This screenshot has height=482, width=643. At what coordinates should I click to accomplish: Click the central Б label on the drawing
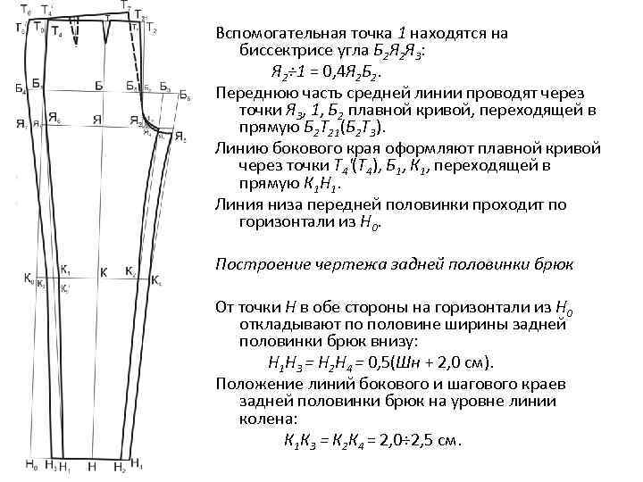pos(98,86)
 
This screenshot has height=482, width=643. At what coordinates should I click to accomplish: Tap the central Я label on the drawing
pos(98,122)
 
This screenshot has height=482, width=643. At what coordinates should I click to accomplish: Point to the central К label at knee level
pos(103,271)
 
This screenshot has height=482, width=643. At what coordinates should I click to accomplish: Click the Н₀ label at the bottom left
pos(29,464)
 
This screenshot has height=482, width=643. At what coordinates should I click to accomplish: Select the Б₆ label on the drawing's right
pos(184,95)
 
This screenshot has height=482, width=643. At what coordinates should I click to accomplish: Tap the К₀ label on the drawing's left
pos(28,277)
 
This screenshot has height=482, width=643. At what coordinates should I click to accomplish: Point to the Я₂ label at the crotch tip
pos(180,137)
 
